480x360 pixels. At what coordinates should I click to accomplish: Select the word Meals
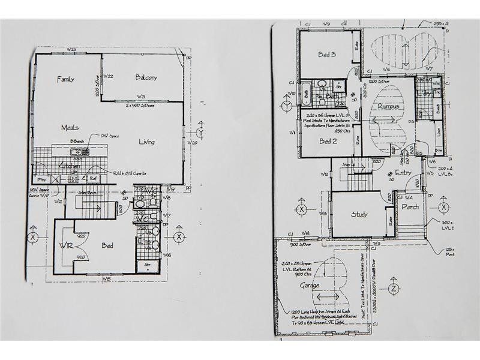(x=71, y=128)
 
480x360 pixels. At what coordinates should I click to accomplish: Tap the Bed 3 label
(x=326, y=55)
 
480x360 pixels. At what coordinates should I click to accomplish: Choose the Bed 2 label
(x=326, y=142)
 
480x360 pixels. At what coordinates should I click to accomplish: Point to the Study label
(x=359, y=214)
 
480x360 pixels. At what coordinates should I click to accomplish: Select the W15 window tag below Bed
(x=106, y=278)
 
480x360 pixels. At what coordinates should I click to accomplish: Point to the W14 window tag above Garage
(x=305, y=233)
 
